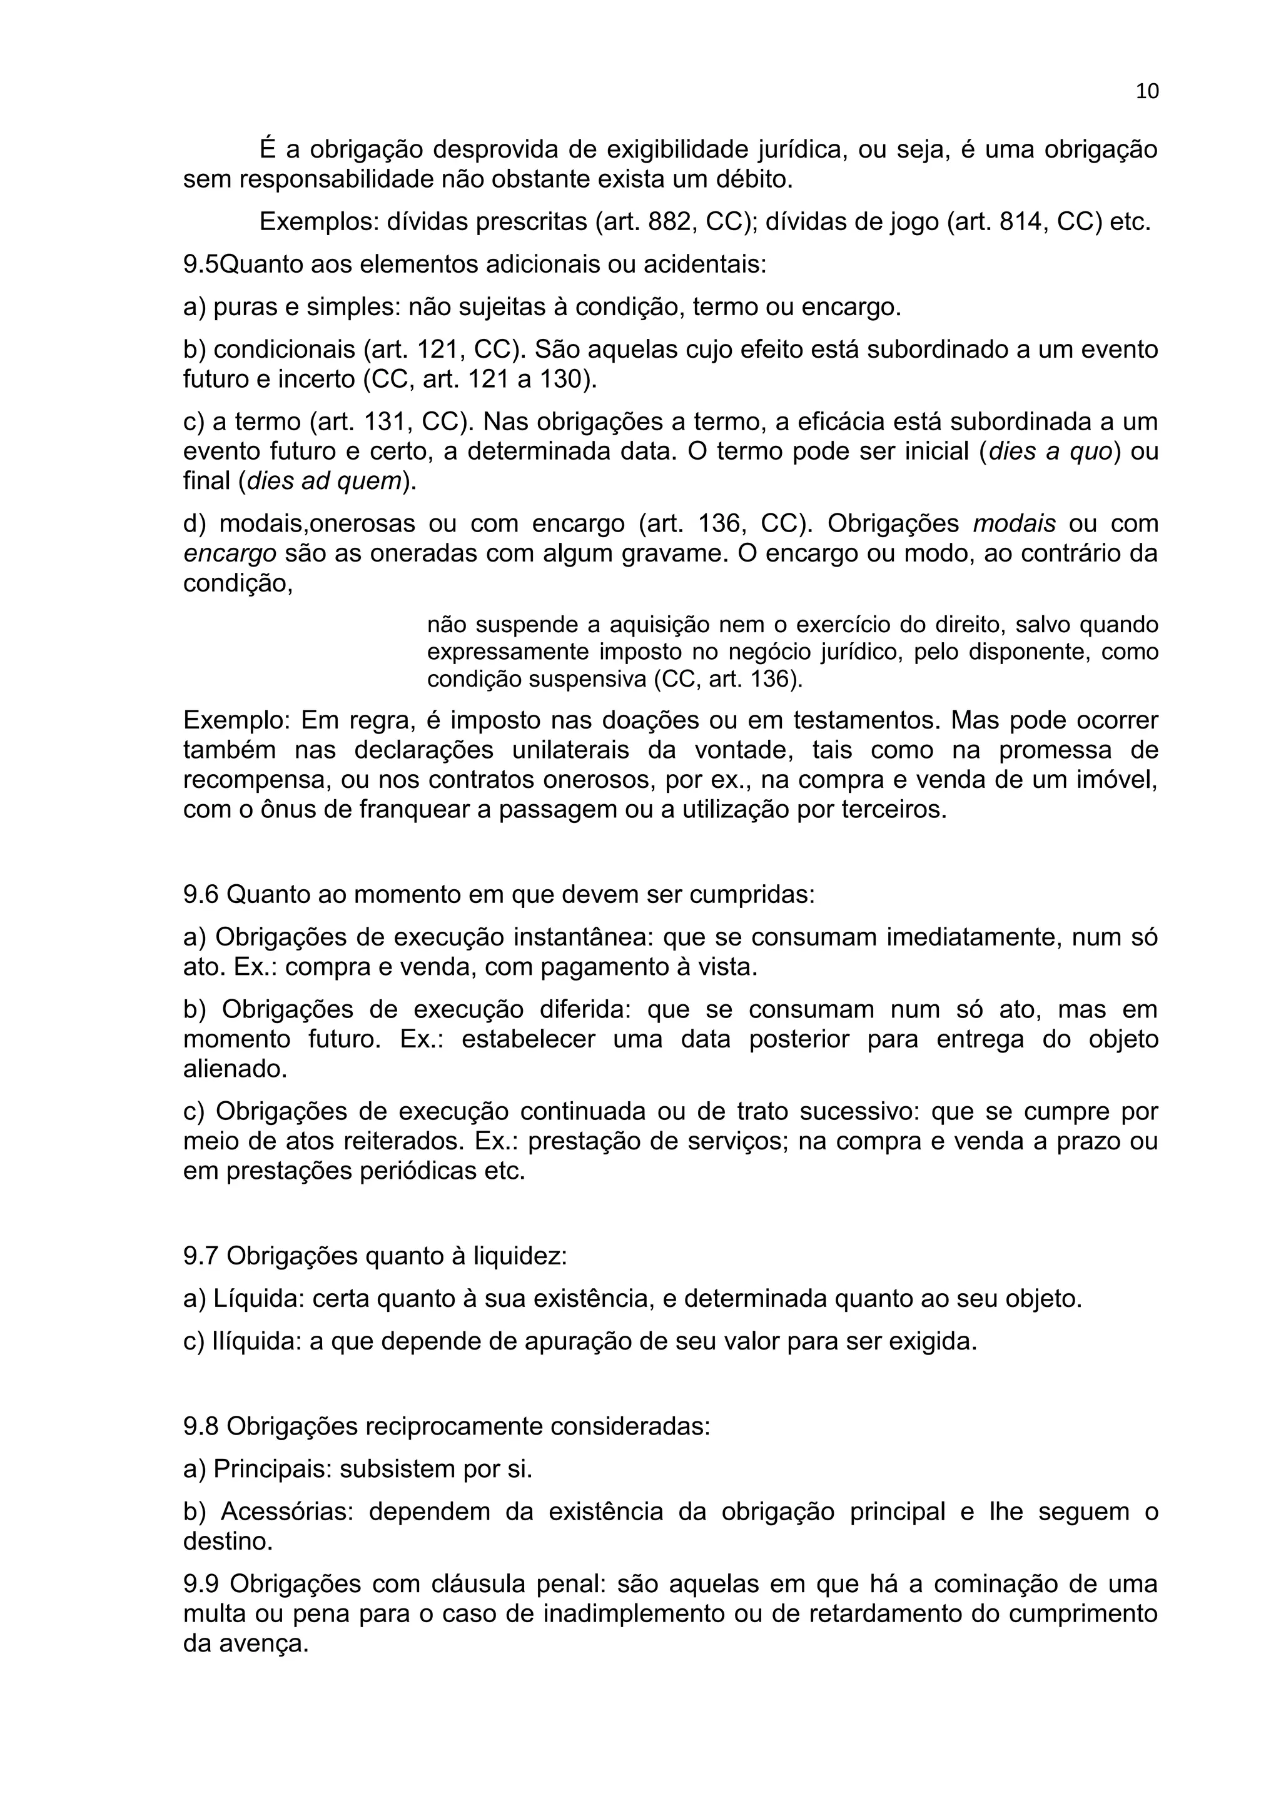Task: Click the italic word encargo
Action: coord(230,553)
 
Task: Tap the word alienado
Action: coord(235,1069)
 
